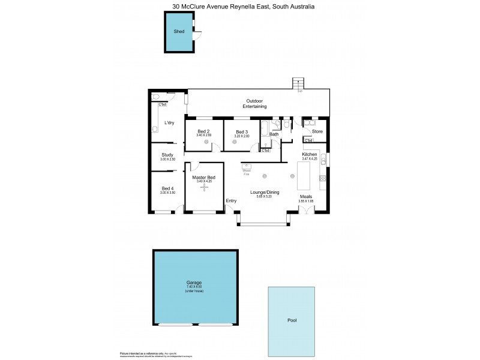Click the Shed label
click(179, 31)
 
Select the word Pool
click(292, 320)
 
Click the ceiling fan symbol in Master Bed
click(204, 188)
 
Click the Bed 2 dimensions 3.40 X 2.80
click(204, 136)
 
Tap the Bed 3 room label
click(241, 131)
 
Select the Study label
click(167, 154)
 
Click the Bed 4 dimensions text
click(167, 193)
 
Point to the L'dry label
click(169, 123)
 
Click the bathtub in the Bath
click(265, 128)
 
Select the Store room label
click(317, 131)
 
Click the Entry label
click(231, 200)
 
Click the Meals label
click(306, 196)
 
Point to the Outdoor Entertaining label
click(255, 103)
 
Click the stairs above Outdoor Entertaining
click(298, 83)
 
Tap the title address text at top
click(243, 7)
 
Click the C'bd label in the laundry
click(162, 104)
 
